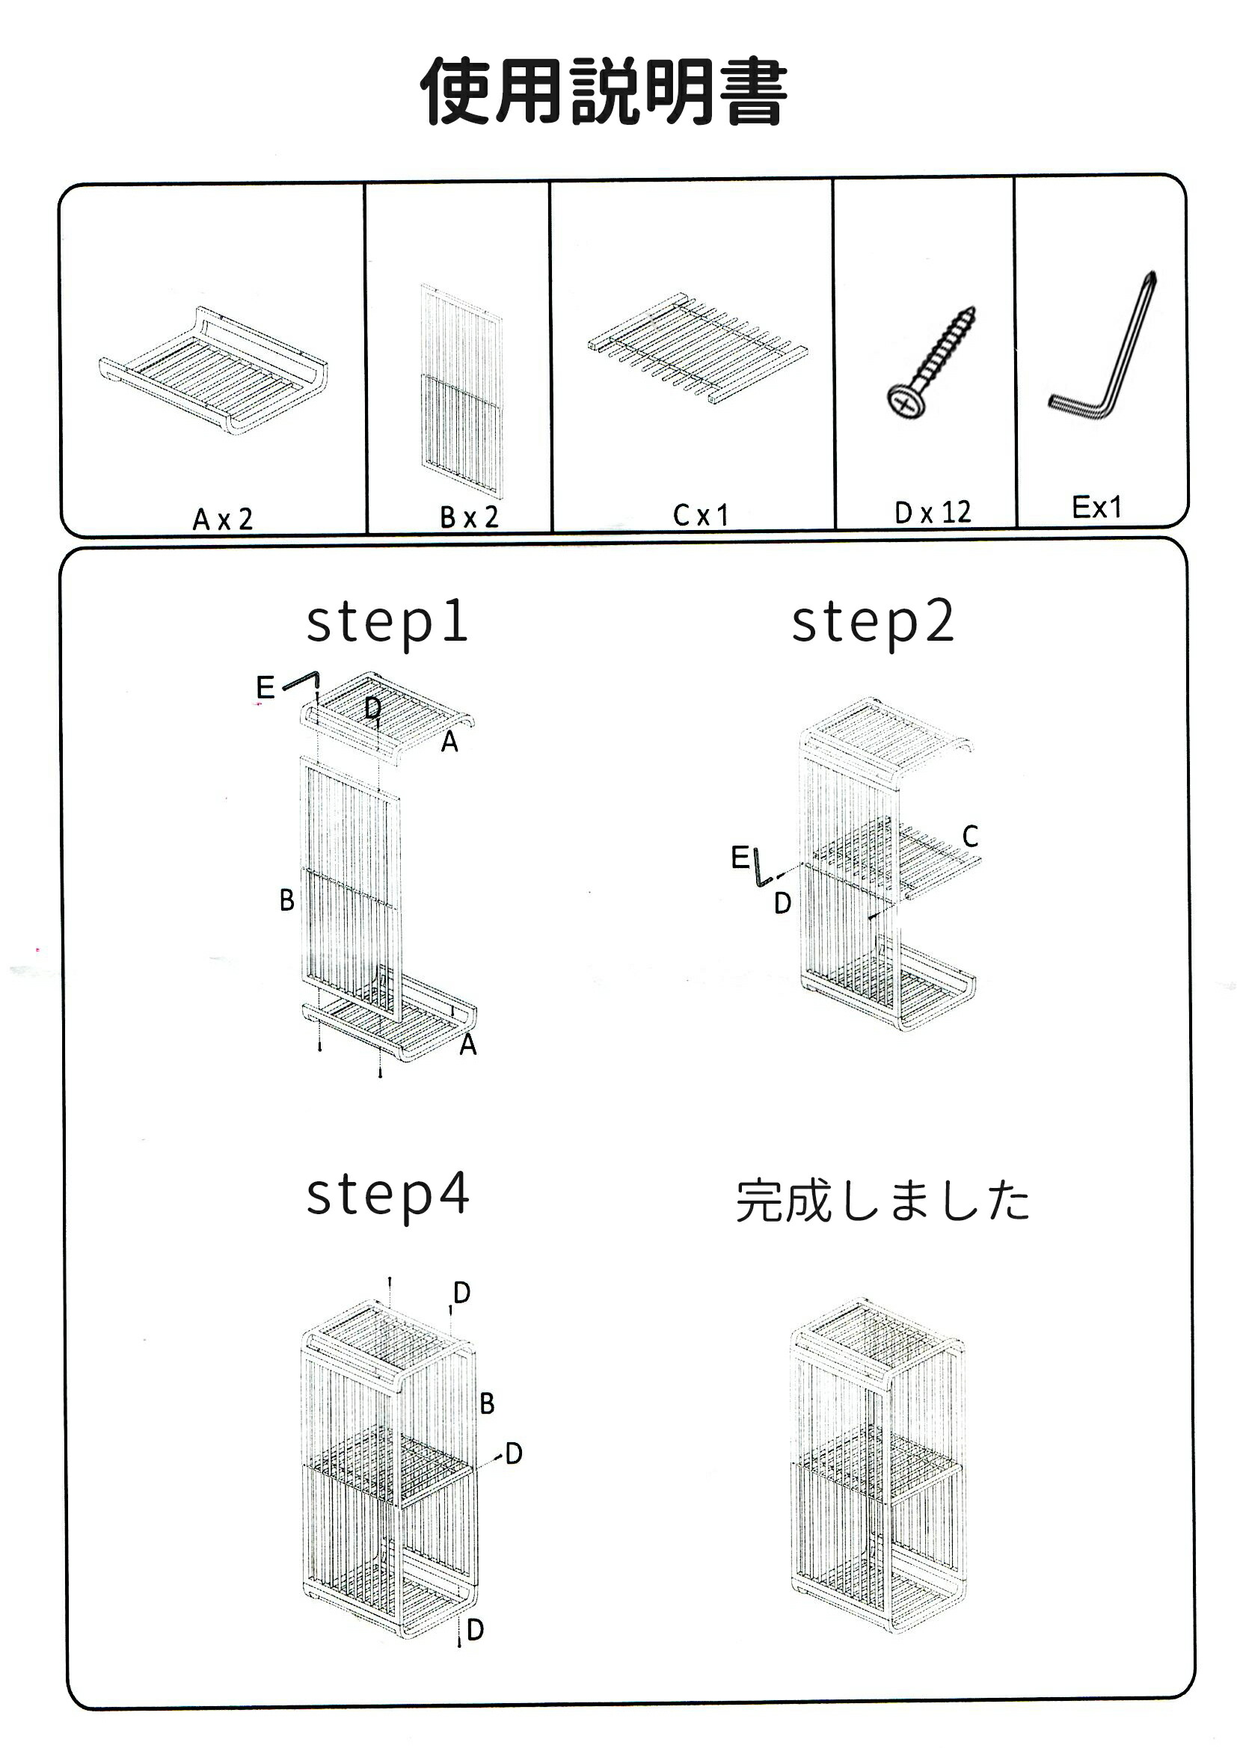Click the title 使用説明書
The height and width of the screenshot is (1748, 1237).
click(604, 91)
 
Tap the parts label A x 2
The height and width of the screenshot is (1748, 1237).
click(222, 519)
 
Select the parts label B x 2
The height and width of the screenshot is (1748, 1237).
click(469, 517)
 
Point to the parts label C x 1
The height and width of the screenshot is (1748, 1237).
click(701, 515)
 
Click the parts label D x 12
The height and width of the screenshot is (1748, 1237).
click(933, 512)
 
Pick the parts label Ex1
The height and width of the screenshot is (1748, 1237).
click(1097, 507)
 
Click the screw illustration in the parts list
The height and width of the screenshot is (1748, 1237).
click(931, 363)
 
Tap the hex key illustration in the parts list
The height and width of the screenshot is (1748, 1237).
click(1102, 345)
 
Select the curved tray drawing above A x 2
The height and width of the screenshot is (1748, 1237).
click(213, 371)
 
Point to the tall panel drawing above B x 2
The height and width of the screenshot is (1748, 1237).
click(461, 391)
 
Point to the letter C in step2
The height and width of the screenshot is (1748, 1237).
click(970, 836)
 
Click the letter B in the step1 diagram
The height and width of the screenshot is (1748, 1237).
click(286, 901)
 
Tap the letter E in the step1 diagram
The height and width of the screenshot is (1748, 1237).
click(265, 688)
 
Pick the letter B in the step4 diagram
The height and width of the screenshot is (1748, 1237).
click(487, 1403)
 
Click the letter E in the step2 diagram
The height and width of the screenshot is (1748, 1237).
click(740, 858)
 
